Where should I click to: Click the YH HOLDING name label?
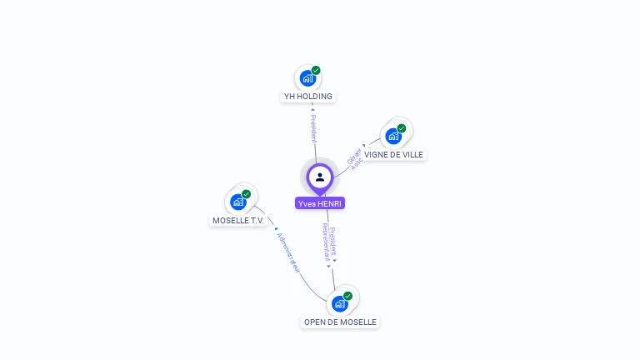pos(308,97)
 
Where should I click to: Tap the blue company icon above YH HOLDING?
pos(307,78)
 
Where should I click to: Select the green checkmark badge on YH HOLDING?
pos(316,71)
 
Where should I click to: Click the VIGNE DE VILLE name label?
pos(393,155)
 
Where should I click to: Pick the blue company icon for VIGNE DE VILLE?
pos(392,136)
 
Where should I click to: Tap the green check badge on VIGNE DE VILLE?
pos(401,128)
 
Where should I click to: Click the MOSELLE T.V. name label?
pos(238,221)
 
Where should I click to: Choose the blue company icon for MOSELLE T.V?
pos(238,202)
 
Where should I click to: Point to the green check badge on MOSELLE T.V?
pos(246,194)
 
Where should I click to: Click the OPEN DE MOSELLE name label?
pos(340,322)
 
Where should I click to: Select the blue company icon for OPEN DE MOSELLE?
pos(339,303)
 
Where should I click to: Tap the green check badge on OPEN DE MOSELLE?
pos(347,296)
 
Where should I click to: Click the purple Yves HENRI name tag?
pos(320,203)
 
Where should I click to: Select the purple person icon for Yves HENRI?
pos(320,177)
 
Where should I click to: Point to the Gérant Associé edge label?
pos(356,158)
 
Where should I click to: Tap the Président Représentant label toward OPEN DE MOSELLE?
pos(330,243)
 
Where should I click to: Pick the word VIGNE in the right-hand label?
pos(377,155)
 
